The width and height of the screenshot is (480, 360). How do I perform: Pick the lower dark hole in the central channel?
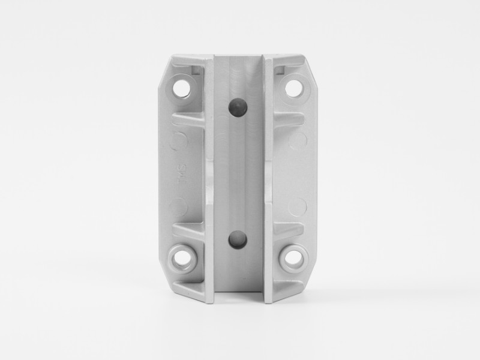pos(238,239)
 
